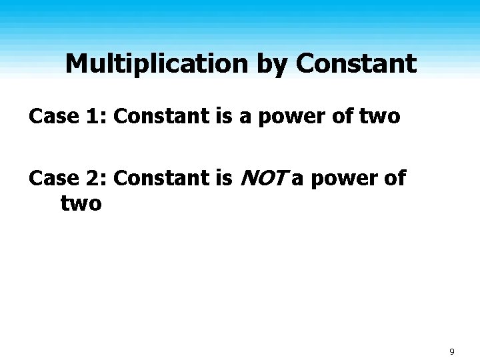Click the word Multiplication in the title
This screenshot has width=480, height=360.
(157, 65)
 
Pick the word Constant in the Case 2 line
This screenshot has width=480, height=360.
(165, 178)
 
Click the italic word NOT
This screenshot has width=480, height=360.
(263, 178)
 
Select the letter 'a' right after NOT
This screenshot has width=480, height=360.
(297, 179)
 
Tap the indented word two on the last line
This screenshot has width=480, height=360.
(81, 203)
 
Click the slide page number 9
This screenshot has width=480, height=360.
(452, 351)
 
